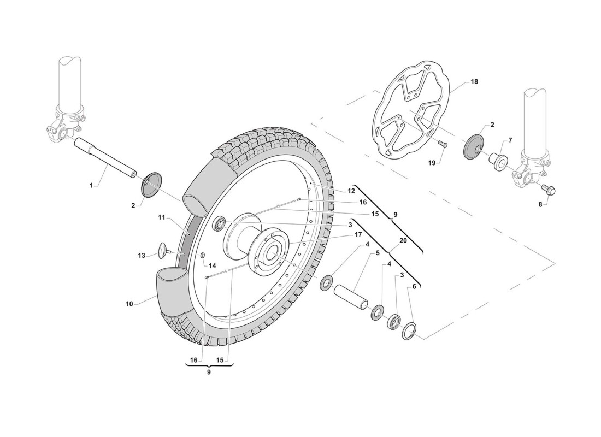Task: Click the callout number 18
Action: pos(474,81)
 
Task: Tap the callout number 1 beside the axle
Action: pos(91,186)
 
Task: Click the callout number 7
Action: pos(510,141)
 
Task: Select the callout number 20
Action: pos(403,241)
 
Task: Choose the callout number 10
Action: pos(129,304)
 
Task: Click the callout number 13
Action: pos(142,255)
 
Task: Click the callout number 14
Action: pos(212,265)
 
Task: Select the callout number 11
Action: pos(161,217)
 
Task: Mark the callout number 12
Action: pos(351,191)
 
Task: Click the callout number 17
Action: pos(358,234)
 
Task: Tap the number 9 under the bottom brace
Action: pos(209,371)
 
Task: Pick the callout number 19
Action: pos(432,163)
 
